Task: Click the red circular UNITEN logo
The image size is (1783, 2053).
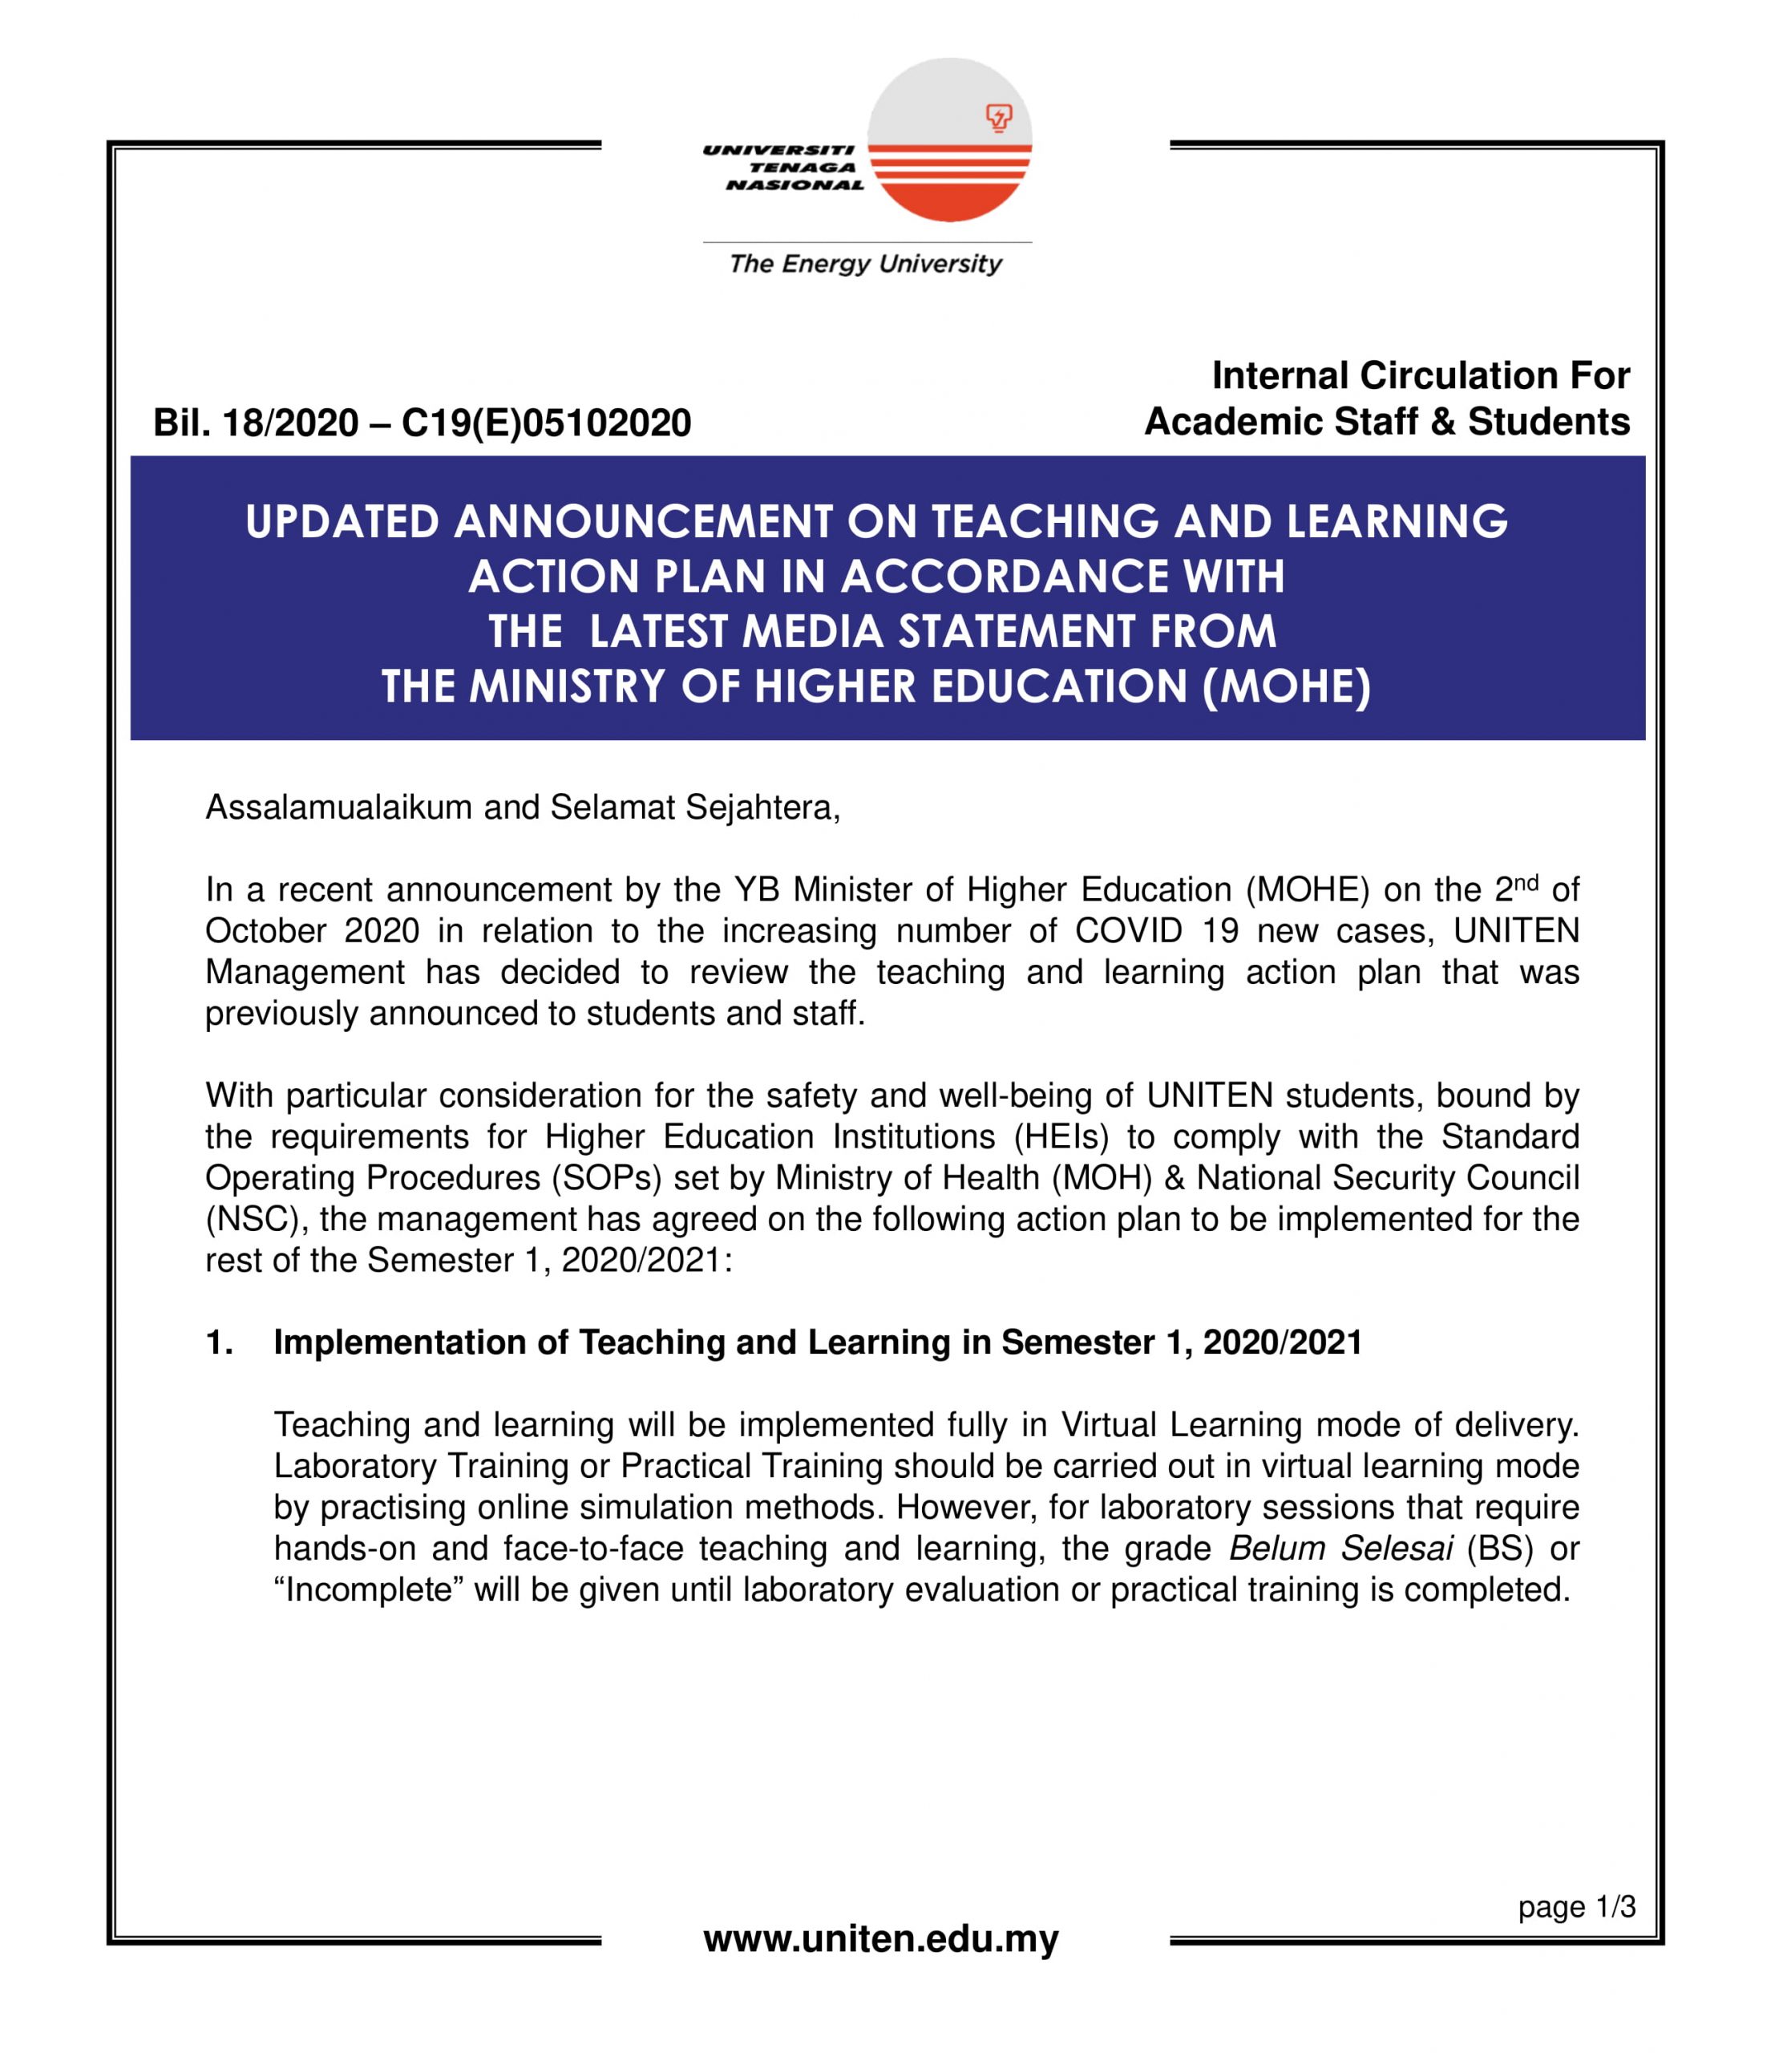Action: point(949,140)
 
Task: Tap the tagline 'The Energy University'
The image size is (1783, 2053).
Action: point(864,264)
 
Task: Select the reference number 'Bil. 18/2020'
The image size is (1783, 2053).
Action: point(256,423)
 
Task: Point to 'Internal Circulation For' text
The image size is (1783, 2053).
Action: point(1420,376)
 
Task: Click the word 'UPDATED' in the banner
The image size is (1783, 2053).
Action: point(342,522)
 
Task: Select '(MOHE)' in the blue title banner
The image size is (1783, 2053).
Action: point(1287,686)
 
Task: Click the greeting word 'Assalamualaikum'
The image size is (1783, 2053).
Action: point(339,807)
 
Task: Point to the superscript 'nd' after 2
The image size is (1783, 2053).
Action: point(1526,881)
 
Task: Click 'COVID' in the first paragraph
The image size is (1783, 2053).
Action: point(1128,930)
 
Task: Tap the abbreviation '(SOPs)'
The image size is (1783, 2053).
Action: point(607,1178)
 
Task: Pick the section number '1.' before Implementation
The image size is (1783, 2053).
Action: point(219,1342)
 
